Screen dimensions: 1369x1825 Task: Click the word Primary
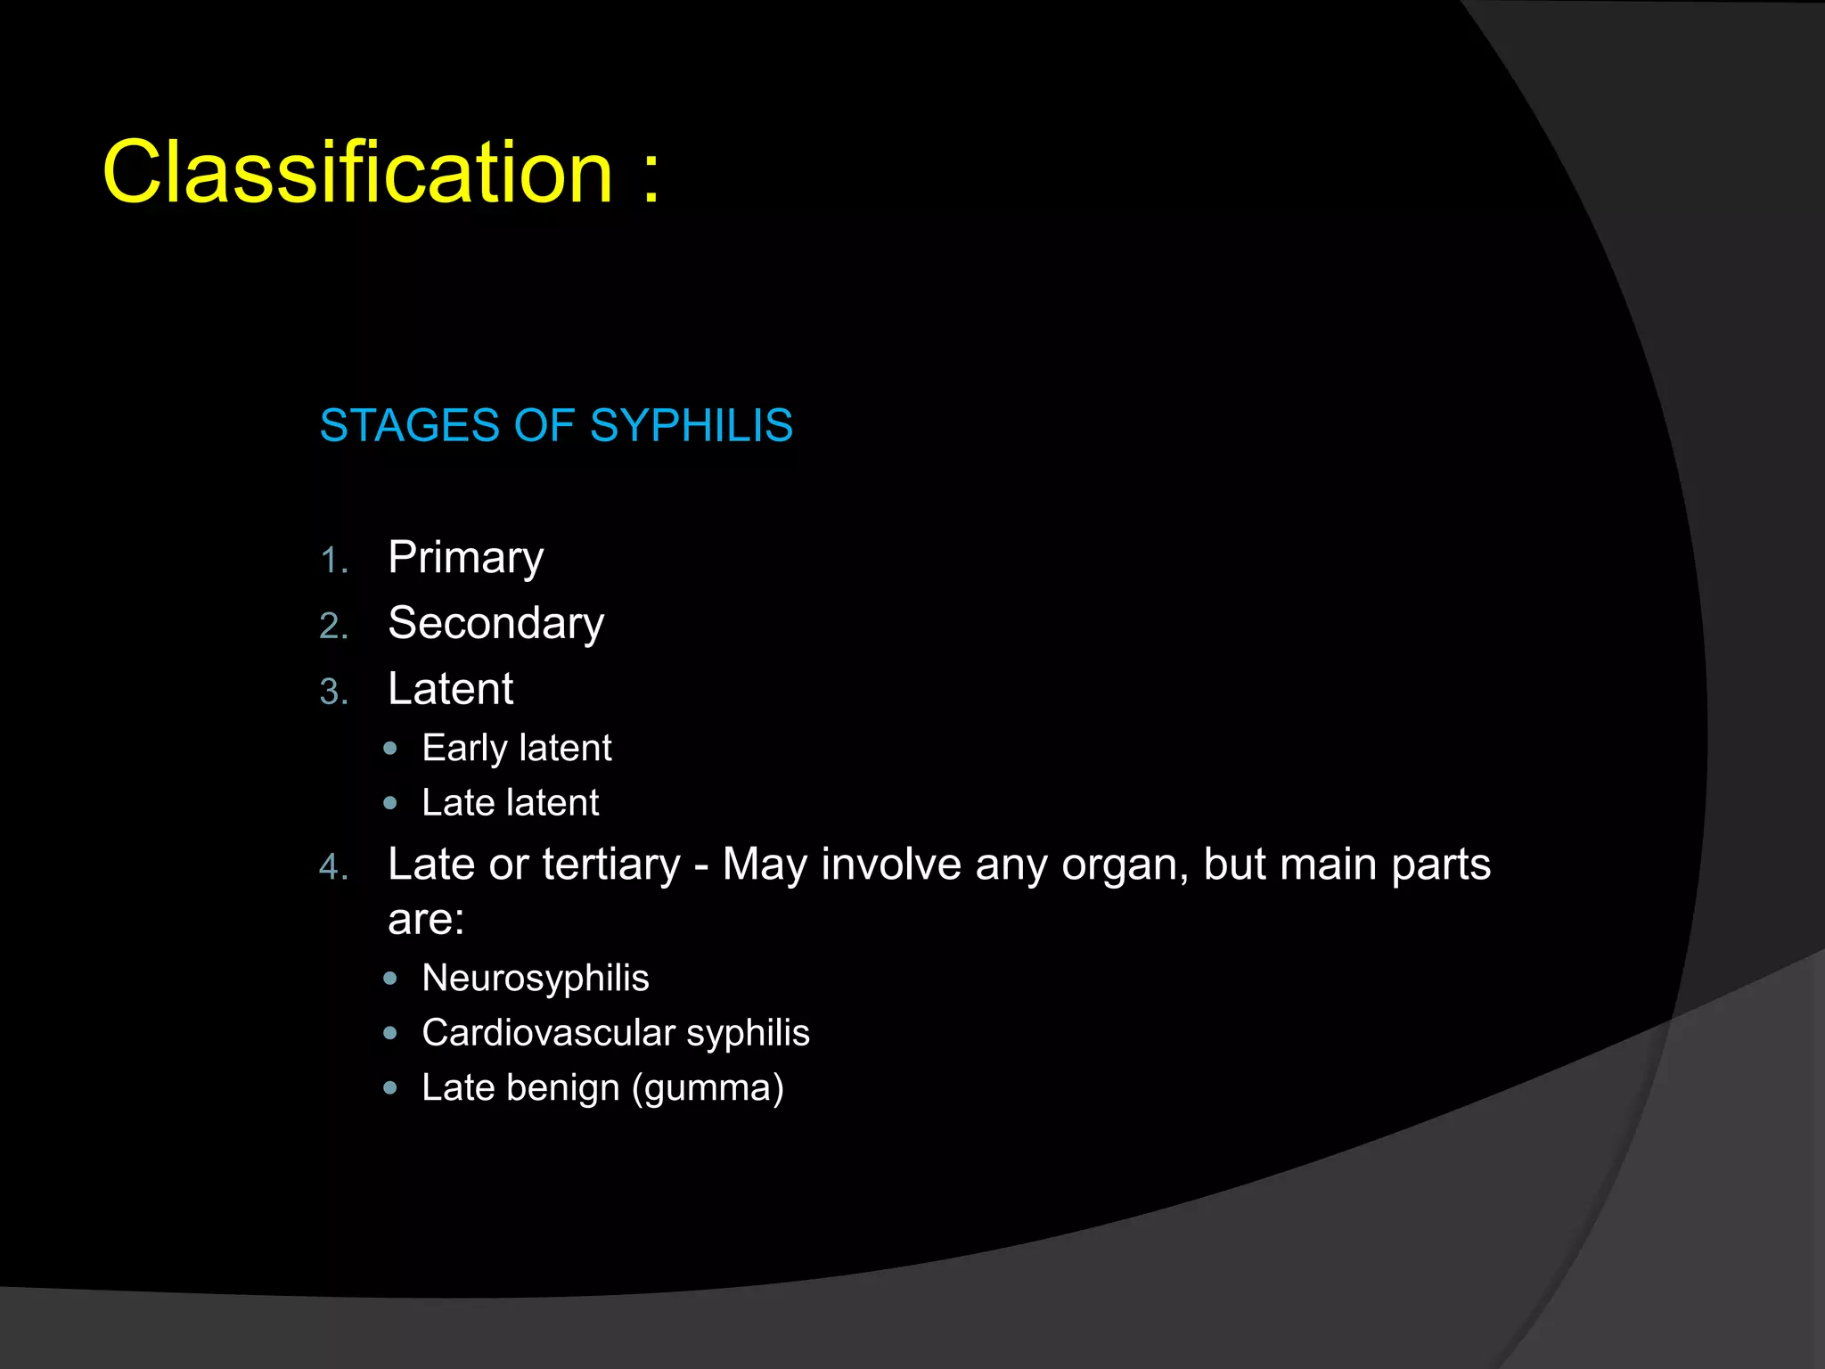tap(465, 559)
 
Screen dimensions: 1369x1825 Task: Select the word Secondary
tap(495, 623)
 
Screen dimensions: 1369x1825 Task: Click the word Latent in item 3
tap(450, 689)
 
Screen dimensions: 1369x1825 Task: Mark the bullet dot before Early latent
tap(389, 749)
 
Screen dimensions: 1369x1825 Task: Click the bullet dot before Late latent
tap(389, 803)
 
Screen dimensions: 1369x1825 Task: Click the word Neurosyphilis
tap(536, 979)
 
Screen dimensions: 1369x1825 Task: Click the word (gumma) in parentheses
tap(708, 1089)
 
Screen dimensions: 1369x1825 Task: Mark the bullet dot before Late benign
tap(389, 1088)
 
